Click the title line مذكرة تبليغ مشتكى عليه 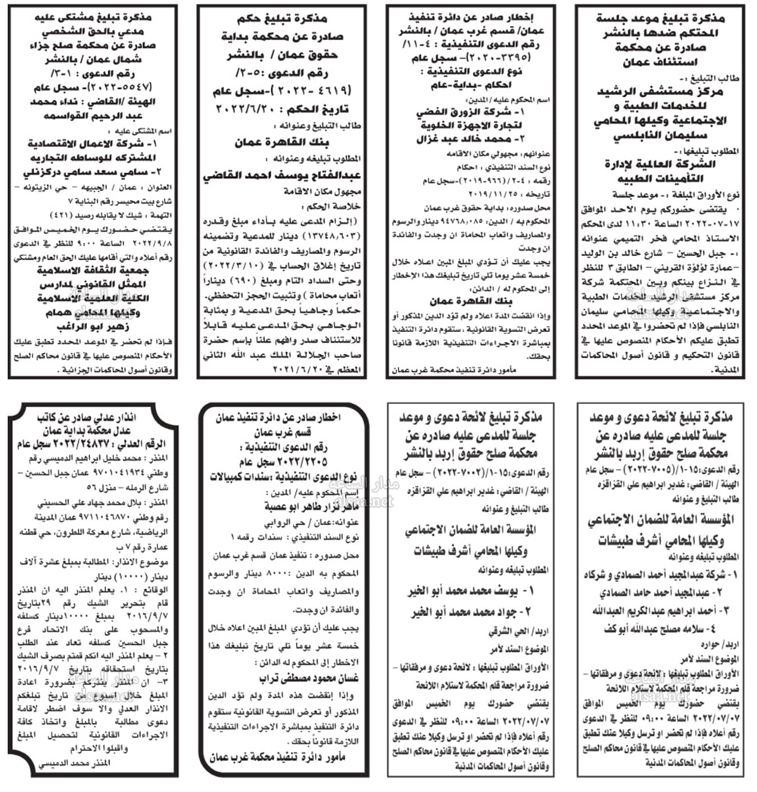point(96,16)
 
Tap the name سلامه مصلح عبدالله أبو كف point(660,628)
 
